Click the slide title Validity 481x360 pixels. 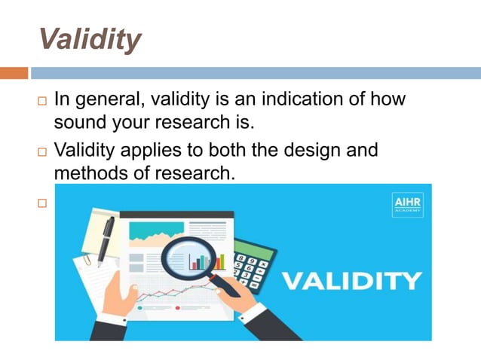click(x=89, y=38)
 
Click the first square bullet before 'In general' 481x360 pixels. click(x=41, y=100)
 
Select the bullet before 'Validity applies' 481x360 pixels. click(x=41, y=151)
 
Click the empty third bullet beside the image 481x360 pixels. click(x=41, y=203)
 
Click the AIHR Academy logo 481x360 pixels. click(x=407, y=205)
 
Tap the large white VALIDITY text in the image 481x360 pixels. click(x=351, y=281)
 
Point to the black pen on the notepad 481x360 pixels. click(x=104, y=241)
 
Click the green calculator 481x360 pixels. click(x=254, y=265)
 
